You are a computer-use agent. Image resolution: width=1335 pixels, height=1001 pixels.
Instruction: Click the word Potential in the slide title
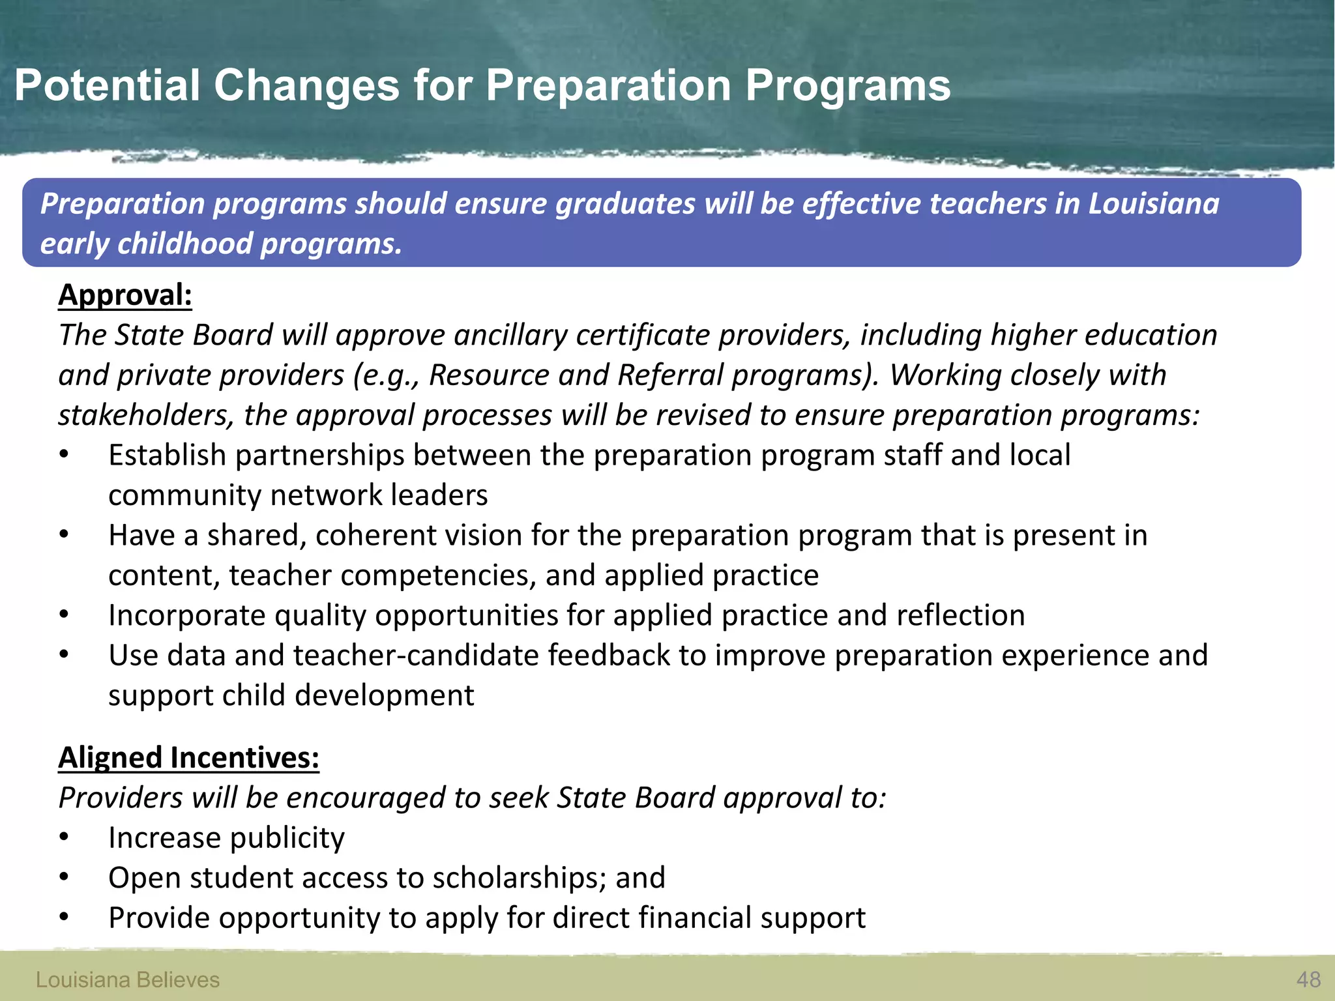coord(107,85)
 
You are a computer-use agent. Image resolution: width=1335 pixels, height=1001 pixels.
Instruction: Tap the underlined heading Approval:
coord(125,295)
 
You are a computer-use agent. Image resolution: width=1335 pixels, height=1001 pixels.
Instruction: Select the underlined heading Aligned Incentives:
coord(188,758)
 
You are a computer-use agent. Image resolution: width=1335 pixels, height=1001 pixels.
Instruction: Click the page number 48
coord(1308,979)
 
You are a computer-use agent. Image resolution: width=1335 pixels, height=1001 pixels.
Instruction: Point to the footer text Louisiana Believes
coord(127,979)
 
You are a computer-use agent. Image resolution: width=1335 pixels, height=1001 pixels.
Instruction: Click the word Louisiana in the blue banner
coord(1153,203)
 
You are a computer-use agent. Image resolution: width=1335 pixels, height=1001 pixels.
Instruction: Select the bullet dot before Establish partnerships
coord(63,456)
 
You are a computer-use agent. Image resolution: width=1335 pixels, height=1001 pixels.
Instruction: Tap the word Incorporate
coord(187,616)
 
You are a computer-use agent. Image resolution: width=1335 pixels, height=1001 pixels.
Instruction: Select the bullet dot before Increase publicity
coord(63,838)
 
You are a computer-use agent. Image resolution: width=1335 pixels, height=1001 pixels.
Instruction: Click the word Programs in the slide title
coord(847,85)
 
